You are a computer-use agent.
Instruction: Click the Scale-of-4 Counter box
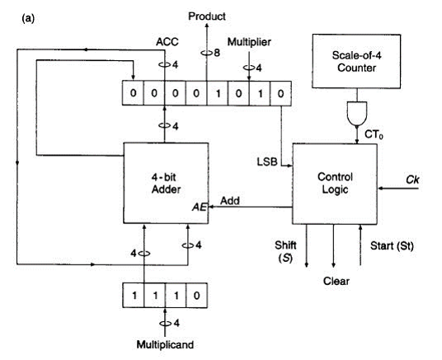(356, 62)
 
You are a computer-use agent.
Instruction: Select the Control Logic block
(335, 184)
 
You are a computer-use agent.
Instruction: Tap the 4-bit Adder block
(166, 183)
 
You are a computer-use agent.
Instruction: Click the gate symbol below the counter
(357, 113)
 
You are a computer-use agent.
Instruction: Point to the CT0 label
(374, 134)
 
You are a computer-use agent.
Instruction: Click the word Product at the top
(207, 16)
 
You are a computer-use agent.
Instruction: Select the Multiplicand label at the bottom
(165, 344)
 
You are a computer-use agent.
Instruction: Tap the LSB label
(267, 162)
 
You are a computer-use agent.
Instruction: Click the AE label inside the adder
(200, 207)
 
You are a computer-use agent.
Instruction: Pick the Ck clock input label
(412, 180)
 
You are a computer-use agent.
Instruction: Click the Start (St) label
(392, 246)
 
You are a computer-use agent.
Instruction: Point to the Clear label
(336, 281)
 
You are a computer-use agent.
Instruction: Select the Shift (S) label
(285, 250)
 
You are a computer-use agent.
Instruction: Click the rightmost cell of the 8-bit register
(280, 93)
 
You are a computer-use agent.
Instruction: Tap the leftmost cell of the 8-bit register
(133, 93)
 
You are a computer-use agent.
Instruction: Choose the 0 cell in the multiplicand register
(197, 295)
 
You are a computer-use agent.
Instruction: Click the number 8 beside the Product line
(217, 53)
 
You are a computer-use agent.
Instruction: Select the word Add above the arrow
(230, 201)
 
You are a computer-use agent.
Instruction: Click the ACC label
(167, 42)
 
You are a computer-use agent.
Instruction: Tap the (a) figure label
(28, 19)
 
